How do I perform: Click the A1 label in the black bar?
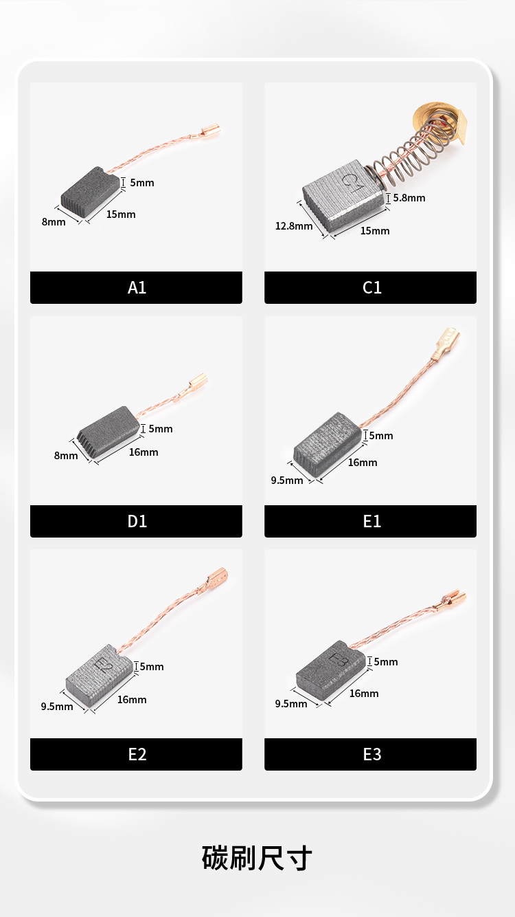[137, 287]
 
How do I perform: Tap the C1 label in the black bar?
[372, 287]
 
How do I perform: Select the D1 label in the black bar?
[137, 521]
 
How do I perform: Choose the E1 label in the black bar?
[372, 521]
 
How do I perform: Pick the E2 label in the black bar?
[137, 754]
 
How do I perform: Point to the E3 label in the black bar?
[372, 754]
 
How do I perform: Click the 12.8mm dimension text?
[294, 226]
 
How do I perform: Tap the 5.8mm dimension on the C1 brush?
[409, 198]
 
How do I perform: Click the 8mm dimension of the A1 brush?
[53, 222]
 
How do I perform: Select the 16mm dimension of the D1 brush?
[143, 452]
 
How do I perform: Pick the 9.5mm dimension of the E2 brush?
[57, 706]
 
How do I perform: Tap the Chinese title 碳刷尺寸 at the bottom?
[257, 858]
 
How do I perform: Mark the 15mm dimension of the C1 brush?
[375, 231]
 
